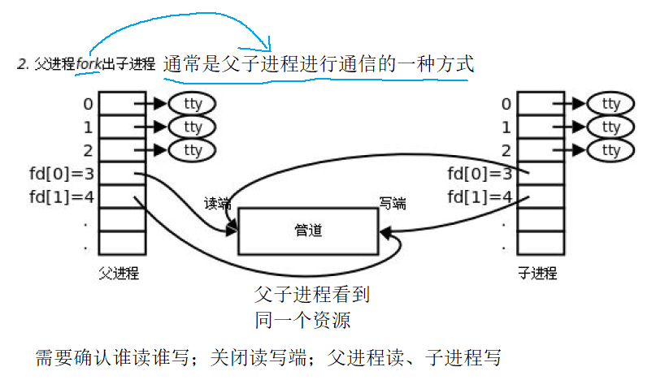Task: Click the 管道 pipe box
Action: click(308, 231)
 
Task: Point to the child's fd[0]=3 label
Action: click(480, 173)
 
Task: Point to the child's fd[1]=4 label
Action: click(480, 196)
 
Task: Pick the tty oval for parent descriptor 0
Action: click(193, 104)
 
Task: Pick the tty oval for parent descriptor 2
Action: click(193, 150)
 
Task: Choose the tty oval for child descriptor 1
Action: click(609, 127)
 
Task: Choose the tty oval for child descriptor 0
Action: click(609, 104)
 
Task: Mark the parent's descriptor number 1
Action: click(88, 127)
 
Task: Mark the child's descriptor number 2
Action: click(506, 150)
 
